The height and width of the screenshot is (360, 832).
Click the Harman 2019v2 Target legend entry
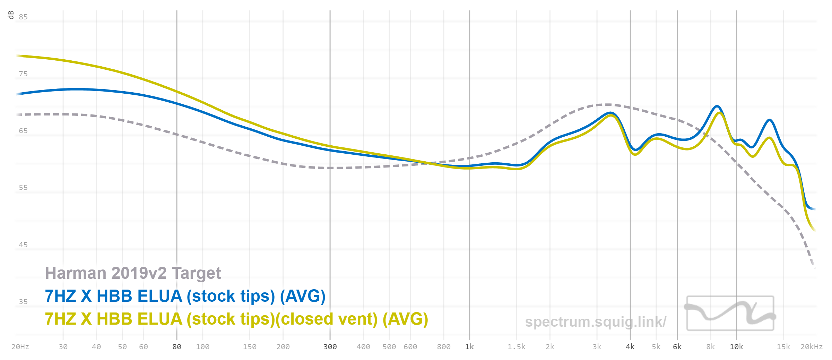click(x=133, y=273)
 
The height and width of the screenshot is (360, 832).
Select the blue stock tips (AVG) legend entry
click(x=185, y=296)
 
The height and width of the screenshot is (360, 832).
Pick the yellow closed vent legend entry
click(x=236, y=319)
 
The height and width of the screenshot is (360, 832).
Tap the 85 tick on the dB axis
click(x=23, y=17)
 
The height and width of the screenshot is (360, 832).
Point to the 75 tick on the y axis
click(x=23, y=74)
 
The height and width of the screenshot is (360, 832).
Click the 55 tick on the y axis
click(x=23, y=188)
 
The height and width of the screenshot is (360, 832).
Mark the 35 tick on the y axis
click(x=23, y=302)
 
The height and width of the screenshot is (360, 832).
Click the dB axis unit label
click(x=11, y=15)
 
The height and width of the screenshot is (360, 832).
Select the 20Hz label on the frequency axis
click(x=20, y=347)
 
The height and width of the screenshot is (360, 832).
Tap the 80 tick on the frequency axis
click(x=177, y=347)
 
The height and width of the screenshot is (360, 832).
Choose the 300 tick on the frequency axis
click(x=330, y=347)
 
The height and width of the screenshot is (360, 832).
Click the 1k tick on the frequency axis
click(x=470, y=347)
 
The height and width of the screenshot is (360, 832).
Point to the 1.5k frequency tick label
click(x=517, y=347)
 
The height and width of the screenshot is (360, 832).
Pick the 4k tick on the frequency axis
click(x=630, y=347)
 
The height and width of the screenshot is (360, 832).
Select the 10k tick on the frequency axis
click(x=737, y=347)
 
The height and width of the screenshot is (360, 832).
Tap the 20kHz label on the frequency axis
click(x=812, y=347)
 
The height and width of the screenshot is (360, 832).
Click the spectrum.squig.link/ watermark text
click(x=596, y=322)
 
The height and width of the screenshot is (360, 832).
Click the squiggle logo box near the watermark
click(x=730, y=313)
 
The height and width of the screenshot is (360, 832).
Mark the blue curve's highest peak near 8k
click(x=717, y=106)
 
